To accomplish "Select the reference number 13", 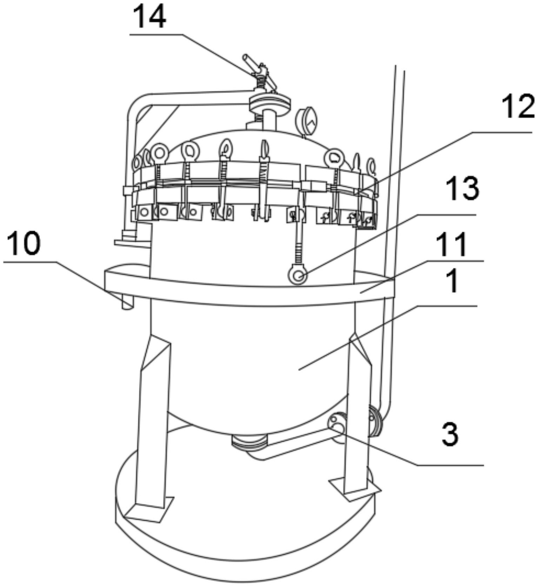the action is click(462, 188).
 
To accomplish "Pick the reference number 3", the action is click(450, 433).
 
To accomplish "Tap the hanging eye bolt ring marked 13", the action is click(298, 275).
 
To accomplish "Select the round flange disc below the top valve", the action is click(270, 103).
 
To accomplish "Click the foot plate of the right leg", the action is click(355, 489).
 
